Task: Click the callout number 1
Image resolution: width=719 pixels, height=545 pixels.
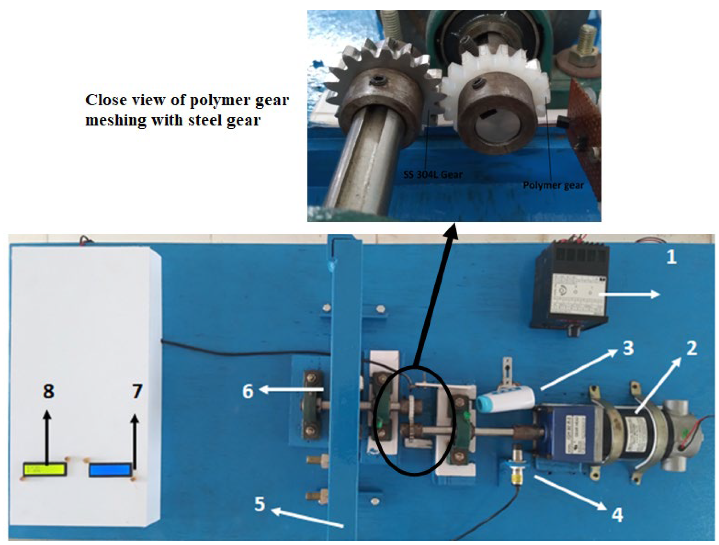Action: (671, 257)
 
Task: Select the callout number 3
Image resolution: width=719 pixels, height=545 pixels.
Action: (628, 348)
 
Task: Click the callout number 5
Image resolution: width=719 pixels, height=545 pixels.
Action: (259, 504)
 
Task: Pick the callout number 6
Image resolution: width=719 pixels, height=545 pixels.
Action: (248, 391)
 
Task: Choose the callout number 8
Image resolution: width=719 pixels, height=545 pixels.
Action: (48, 391)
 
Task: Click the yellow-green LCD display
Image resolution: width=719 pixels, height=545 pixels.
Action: (45, 469)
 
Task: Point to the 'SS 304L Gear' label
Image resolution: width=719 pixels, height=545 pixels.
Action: (432, 175)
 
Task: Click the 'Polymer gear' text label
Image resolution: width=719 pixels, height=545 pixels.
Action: (553, 185)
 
